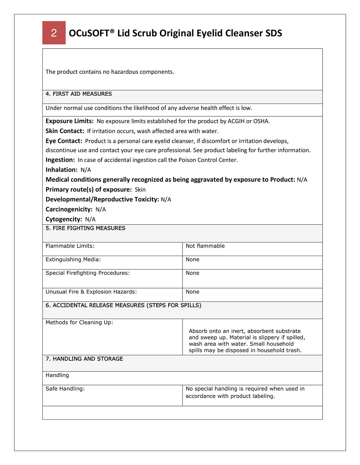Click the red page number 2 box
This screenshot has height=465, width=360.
[x=54, y=33]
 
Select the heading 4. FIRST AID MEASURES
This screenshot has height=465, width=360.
[x=78, y=94]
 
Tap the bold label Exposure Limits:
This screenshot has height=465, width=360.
[x=69, y=121]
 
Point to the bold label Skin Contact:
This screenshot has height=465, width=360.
[x=65, y=131]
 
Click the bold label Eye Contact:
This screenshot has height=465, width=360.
[x=64, y=141]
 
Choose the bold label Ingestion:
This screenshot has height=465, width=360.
[x=60, y=160]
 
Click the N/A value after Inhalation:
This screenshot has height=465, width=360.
[x=86, y=170]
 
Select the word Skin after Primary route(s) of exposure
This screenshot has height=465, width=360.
[x=140, y=190]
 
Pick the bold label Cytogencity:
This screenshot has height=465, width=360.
[x=64, y=219]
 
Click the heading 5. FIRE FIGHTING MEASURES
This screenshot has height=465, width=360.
[x=85, y=228]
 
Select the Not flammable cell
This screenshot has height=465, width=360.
[x=205, y=246]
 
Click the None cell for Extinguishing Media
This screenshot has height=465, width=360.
[x=193, y=260]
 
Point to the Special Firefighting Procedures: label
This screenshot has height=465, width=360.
[x=87, y=273]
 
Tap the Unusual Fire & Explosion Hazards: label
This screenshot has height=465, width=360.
[x=91, y=292]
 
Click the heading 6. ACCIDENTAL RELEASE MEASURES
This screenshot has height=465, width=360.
[x=123, y=305]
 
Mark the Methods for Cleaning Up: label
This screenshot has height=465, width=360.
[x=79, y=323]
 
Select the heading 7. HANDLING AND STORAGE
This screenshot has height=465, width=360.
[x=84, y=359]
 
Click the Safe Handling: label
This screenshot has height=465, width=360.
[x=65, y=389]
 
